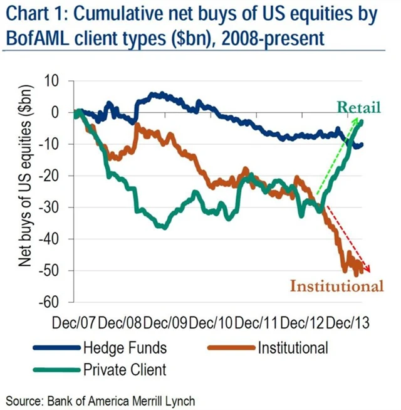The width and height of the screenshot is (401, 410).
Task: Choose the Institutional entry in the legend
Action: [x=293, y=346]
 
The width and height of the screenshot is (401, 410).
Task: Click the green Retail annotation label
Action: [x=359, y=107]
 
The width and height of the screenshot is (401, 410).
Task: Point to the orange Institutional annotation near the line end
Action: [x=336, y=286]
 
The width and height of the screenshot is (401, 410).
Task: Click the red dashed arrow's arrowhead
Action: [x=368, y=270]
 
